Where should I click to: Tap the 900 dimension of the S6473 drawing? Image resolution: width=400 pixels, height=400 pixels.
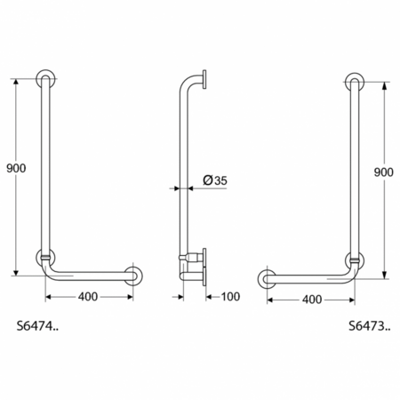point(383,172)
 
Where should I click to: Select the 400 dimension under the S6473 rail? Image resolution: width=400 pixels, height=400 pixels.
point(311,300)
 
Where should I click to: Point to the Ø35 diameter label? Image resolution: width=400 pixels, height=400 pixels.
point(214,180)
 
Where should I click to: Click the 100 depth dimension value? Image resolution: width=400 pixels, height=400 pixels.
point(229,295)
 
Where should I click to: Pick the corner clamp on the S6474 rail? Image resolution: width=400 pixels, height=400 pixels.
point(44,259)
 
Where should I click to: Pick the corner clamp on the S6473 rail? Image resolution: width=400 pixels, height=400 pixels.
point(354,261)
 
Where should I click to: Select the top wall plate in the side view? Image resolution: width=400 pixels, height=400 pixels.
point(206,80)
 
